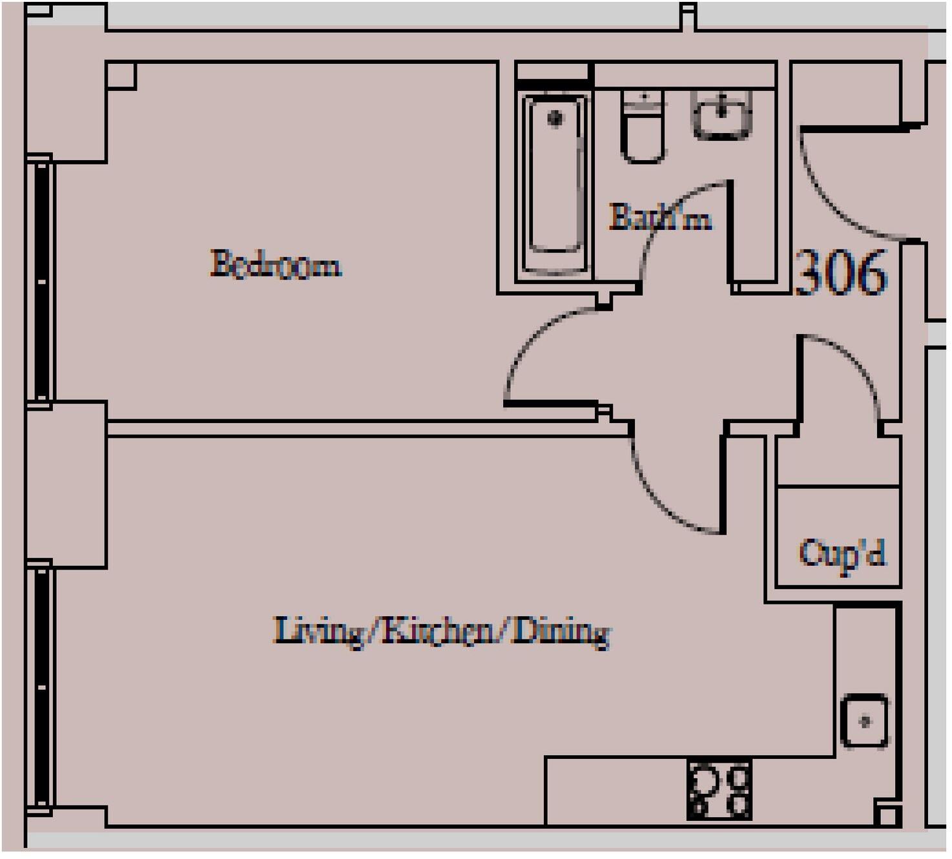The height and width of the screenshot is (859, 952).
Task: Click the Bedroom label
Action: pos(276,265)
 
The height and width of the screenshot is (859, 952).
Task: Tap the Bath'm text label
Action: pos(660,218)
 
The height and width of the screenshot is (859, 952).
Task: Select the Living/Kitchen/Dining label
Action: pos(441,631)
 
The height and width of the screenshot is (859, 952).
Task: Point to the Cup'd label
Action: pos(841,554)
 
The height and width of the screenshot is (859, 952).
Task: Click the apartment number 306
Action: pos(841,273)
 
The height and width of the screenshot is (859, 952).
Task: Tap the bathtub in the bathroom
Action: pos(555,182)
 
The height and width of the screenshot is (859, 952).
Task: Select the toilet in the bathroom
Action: pos(643,127)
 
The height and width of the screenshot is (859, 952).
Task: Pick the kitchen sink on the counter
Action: pos(864,721)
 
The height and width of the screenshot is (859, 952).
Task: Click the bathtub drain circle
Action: pos(555,118)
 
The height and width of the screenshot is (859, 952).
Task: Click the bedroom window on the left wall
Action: pos(41,282)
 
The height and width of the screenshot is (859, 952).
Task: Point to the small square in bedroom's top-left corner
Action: pos(121,76)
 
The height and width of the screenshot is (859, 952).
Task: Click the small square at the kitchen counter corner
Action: pos(887,815)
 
